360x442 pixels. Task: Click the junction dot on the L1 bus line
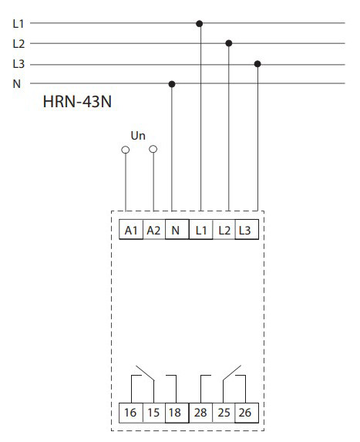pos(199,24)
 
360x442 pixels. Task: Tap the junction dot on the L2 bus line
pos(229,43)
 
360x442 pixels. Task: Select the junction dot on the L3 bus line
pos(257,64)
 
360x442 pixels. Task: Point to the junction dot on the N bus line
pos(172,84)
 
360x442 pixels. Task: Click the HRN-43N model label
pos(77,102)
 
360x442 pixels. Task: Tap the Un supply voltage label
pos(138,136)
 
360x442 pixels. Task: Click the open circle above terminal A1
pos(126,150)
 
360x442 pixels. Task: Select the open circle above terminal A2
pos(153,149)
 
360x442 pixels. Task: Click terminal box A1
pos(131,229)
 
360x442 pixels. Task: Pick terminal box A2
pos(154,229)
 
